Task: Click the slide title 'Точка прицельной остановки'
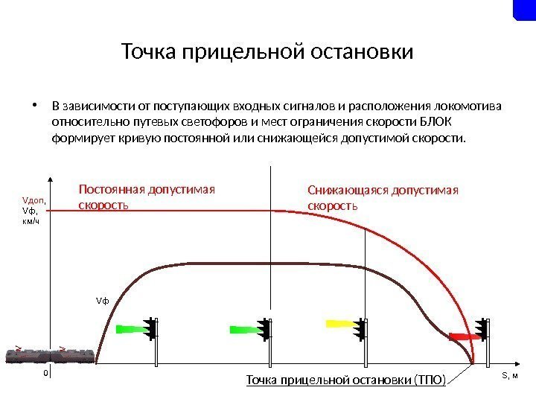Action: (267, 54)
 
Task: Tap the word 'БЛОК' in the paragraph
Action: (446, 121)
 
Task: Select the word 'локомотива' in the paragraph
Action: (467, 105)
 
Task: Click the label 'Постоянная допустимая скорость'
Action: (146, 197)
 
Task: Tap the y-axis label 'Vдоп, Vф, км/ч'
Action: (34, 210)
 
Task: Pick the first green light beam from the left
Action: (131, 328)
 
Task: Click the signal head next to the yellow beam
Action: (361, 328)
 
